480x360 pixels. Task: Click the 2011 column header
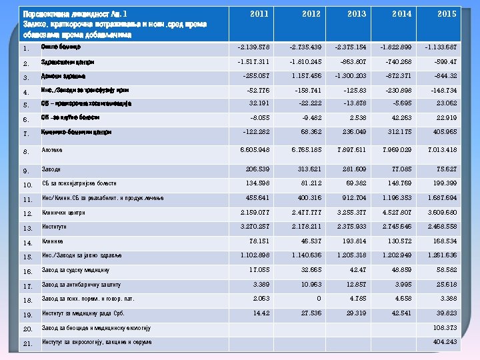pos(260,14)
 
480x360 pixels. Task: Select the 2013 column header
pos(357,14)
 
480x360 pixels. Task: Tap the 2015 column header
pos(447,14)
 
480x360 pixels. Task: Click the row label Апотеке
pos(53,151)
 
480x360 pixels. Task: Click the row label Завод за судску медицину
pos(75,271)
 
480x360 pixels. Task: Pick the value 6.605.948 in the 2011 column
pos(254,150)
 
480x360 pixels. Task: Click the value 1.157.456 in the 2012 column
pos(307,76)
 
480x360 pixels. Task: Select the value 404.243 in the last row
pos(445,342)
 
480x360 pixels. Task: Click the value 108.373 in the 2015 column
pos(445,328)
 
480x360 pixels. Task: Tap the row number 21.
pos(27,344)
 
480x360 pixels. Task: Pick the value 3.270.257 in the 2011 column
pos(254,227)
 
